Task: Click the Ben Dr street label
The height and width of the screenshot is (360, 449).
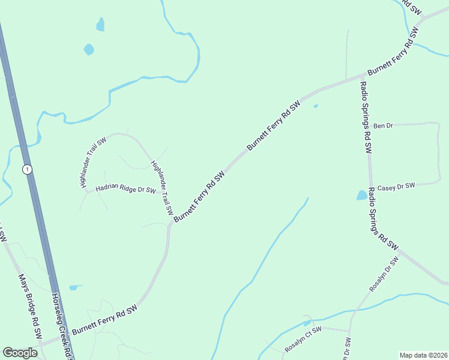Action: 382,126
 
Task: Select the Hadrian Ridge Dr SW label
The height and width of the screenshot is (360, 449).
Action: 126,191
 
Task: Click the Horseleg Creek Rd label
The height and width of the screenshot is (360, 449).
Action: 62,327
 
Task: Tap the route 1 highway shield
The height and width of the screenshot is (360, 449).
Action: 27,170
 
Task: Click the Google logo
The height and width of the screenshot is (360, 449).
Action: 20,353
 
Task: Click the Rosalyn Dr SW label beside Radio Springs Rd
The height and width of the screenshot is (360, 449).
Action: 384,275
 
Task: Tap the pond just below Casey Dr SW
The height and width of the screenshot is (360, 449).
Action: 361,195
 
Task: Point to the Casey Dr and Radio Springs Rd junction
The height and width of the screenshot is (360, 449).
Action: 370,185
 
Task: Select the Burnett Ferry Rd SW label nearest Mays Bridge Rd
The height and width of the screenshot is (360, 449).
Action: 105,319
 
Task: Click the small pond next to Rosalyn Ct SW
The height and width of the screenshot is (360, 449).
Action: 307,323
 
